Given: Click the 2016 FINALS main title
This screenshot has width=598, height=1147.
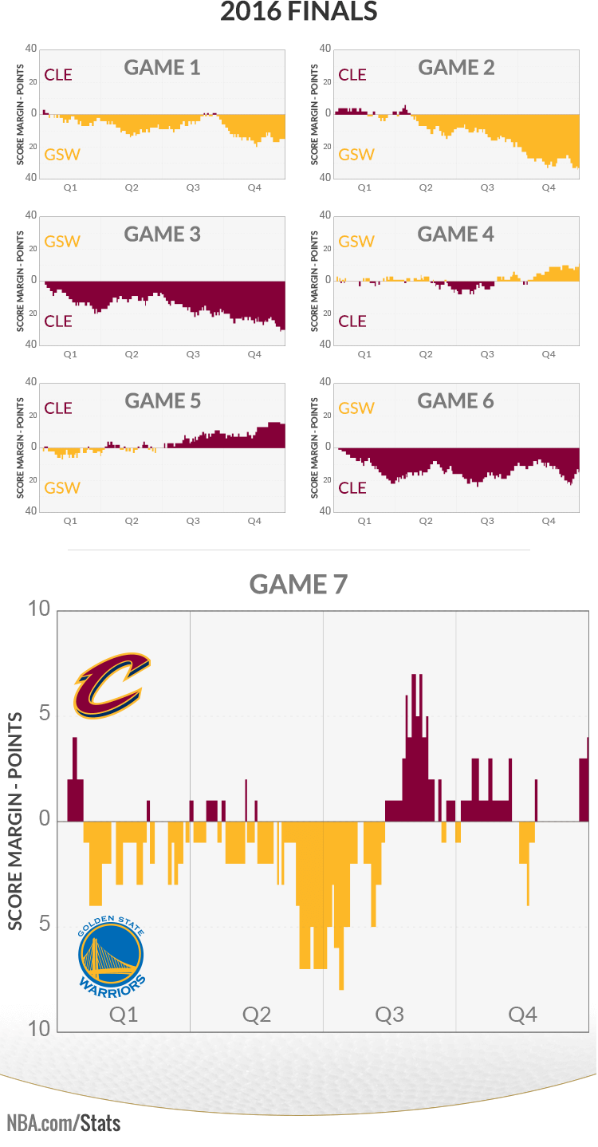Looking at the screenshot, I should pyautogui.click(x=298, y=12).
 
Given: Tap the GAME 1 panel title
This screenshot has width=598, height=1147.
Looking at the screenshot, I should pyautogui.click(x=162, y=68).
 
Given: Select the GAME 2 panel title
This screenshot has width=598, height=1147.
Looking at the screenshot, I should pyautogui.click(x=456, y=68).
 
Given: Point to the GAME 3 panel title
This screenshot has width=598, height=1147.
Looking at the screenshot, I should pyautogui.click(x=162, y=235).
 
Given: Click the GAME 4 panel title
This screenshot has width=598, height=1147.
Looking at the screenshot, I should pyautogui.click(x=456, y=235).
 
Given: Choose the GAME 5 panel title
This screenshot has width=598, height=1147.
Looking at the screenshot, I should pyautogui.click(x=162, y=401).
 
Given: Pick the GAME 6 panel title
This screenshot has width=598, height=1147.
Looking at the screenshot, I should pyautogui.click(x=456, y=401).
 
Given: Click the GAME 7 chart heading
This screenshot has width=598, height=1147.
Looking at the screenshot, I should pyautogui.click(x=298, y=585).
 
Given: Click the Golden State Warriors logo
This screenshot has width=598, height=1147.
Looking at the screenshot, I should pyautogui.click(x=112, y=954).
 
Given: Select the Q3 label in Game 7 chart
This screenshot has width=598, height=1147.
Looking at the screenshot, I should pyautogui.click(x=389, y=1015).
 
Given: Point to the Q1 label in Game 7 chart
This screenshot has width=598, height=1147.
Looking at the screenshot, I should pyautogui.click(x=124, y=1015).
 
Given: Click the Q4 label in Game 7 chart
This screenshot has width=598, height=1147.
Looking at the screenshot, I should pyautogui.click(x=522, y=1015).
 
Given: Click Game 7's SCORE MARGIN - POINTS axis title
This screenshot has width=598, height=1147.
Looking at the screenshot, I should pyautogui.click(x=15, y=822).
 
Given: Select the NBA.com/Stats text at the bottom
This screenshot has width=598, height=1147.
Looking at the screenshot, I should pyautogui.click(x=64, y=1124).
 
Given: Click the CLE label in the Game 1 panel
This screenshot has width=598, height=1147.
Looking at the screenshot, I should pyautogui.click(x=58, y=75).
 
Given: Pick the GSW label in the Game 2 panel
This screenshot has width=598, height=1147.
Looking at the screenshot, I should pyautogui.click(x=356, y=155).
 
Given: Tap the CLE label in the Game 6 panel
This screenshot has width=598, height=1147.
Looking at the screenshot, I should pyautogui.click(x=352, y=488).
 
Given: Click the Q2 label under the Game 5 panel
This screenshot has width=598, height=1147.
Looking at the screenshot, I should pyautogui.click(x=131, y=521).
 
